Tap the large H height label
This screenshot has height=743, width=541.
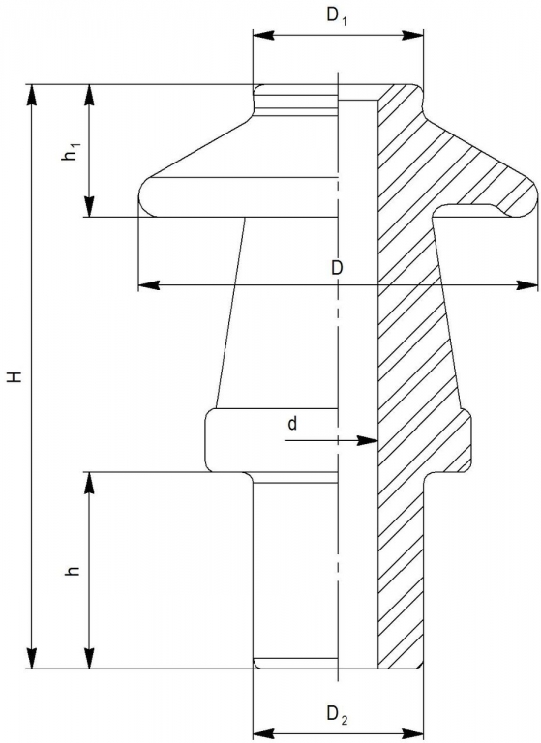(x=15, y=376)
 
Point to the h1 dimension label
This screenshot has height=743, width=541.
(x=70, y=153)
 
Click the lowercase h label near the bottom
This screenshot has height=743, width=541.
(x=72, y=571)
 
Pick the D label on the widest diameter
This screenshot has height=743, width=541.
(x=337, y=268)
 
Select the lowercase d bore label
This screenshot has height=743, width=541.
(x=292, y=423)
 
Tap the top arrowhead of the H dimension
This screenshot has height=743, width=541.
(x=32, y=96)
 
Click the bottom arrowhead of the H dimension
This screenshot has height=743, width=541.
(x=32, y=657)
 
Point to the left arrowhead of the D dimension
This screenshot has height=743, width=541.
(x=149, y=285)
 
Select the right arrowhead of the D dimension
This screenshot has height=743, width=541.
(x=527, y=285)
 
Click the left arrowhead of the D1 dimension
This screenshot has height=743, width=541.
(x=263, y=35)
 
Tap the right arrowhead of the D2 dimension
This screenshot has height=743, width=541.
(x=411, y=730)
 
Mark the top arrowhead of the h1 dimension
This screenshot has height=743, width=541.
(x=90, y=96)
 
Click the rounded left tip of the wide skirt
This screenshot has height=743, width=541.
(x=144, y=197)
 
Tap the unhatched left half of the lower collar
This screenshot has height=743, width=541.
(x=271, y=440)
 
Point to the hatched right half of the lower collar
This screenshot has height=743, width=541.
(x=424, y=440)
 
